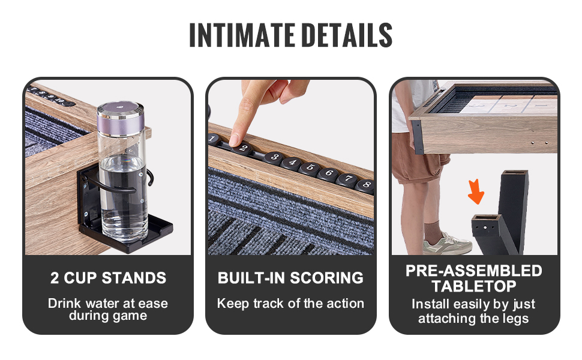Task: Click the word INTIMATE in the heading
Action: pyautogui.click(x=242, y=35)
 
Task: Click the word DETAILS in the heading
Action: pyautogui.click(x=347, y=35)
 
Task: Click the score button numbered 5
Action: pyautogui.click(x=309, y=168)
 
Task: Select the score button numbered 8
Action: pyautogui.click(x=365, y=185)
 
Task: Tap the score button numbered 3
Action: pyautogui.click(x=274, y=157)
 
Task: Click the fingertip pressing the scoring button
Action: pyautogui.click(x=236, y=139)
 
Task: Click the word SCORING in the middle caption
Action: pyautogui.click(x=326, y=278)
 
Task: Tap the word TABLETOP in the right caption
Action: pyautogui.click(x=474, y=286)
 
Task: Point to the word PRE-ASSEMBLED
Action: pyautogui.click(x=474, y=271)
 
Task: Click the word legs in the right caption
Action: pyautogui.click(x=515, y=319)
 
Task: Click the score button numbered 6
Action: pyautogui.click(x=328, y=173)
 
